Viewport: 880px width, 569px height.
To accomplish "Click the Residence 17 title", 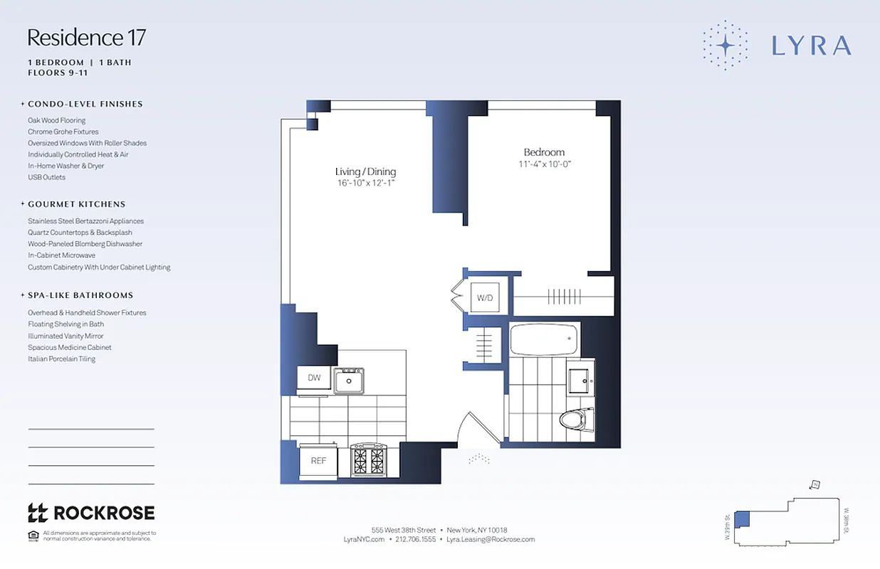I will tap(86, 37).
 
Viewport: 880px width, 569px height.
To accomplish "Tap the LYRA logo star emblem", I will tap(725, 46).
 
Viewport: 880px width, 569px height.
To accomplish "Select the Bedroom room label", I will tap(544, 152).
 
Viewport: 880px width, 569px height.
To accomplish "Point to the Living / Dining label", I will tap(365, 171).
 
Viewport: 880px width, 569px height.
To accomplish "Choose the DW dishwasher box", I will tap(314, 378).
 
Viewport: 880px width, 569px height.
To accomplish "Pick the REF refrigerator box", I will tap(318, 461).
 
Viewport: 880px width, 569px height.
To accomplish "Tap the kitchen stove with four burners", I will tap(368, 460).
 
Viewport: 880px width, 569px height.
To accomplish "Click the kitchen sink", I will tap(349, 381).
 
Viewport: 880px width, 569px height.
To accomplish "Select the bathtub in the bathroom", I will tap(545, 339).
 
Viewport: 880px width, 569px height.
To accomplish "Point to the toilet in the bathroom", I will tap(576, 419).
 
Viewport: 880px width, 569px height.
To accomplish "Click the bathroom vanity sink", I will tap(581, 381).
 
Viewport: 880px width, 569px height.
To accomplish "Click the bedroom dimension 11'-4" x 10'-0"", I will tap(545, 164).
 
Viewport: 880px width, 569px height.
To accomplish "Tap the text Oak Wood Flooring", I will tap(57, 120).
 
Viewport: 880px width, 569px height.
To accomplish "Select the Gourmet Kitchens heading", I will tap(77, 204).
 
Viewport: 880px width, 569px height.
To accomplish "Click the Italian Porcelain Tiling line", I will tap(61, 359).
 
